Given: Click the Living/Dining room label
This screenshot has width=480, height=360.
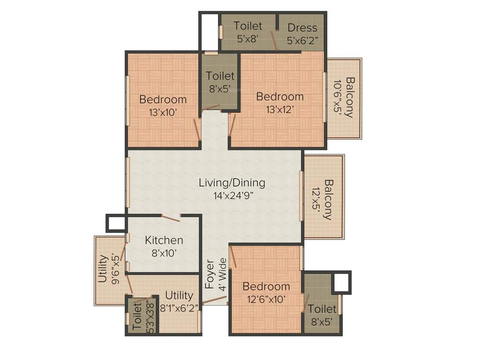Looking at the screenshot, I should point(232,182).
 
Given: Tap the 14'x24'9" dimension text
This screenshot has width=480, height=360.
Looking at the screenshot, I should point(232,195).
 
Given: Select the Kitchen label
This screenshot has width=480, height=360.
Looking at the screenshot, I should point(164,240).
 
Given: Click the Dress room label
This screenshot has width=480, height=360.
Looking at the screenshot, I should point(302,28).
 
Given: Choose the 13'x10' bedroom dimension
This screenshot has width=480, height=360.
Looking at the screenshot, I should point(163,112).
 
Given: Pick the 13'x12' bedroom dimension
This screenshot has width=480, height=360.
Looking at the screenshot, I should point(280,109).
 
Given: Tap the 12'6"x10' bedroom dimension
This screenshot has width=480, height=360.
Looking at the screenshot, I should point(266,299).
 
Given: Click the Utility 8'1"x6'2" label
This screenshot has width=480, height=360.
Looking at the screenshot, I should point(179,301).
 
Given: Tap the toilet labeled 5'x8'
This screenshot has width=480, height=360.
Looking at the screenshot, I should point(247,32).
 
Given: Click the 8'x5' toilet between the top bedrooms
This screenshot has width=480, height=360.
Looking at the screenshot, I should point(220,82).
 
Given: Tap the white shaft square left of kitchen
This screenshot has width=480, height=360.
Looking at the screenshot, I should point(116,223).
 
